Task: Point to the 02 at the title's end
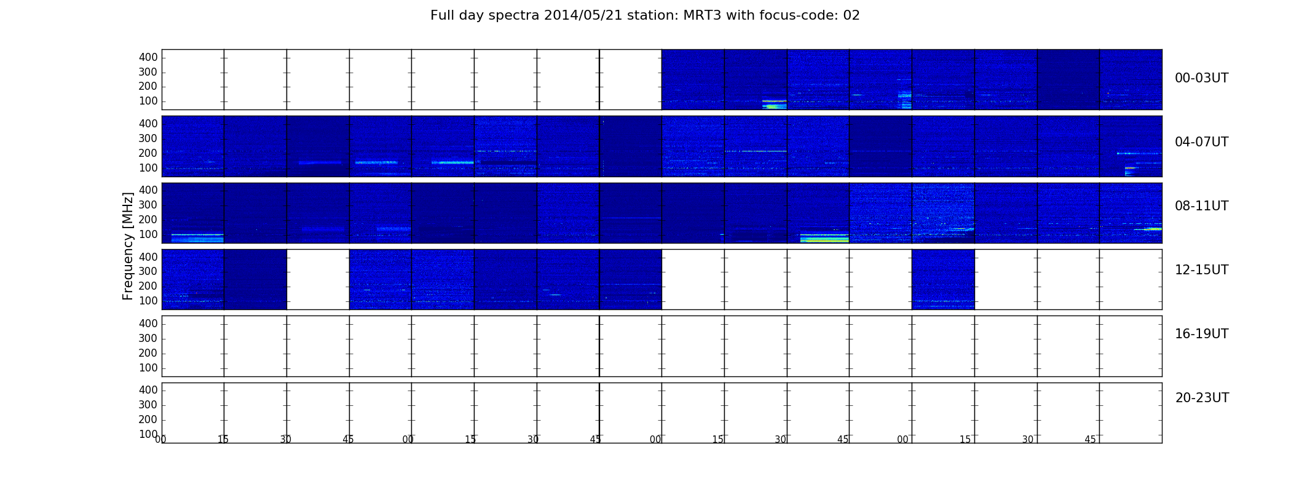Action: click(x=851, y=15)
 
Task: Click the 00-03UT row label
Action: click(x=1202, y=78)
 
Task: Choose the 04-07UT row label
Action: click(x=1202, y=142)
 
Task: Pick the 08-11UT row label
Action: click(x=1202, y=206)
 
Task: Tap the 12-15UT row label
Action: click(x=1202, y=270)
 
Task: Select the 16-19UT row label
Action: click(x=1202, y=334)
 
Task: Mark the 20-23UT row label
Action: click(x=1202, y=398)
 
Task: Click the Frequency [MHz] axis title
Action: click(x=128, y=246)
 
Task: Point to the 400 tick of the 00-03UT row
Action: click(x=148, y=57)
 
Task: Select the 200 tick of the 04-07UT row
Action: click(x=148, y=153)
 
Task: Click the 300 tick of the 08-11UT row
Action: click(x=148, y=205)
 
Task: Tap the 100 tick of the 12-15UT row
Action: click(x=148, y=301)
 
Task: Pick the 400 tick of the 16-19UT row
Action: click(x=148, y=323)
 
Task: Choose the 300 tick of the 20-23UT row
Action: click(x=148, y=405)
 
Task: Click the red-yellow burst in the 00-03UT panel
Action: click(x=775, y=101)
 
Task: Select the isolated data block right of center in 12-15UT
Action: click(x=943, y=279)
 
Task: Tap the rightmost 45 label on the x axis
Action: click(x=1090, y=440)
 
